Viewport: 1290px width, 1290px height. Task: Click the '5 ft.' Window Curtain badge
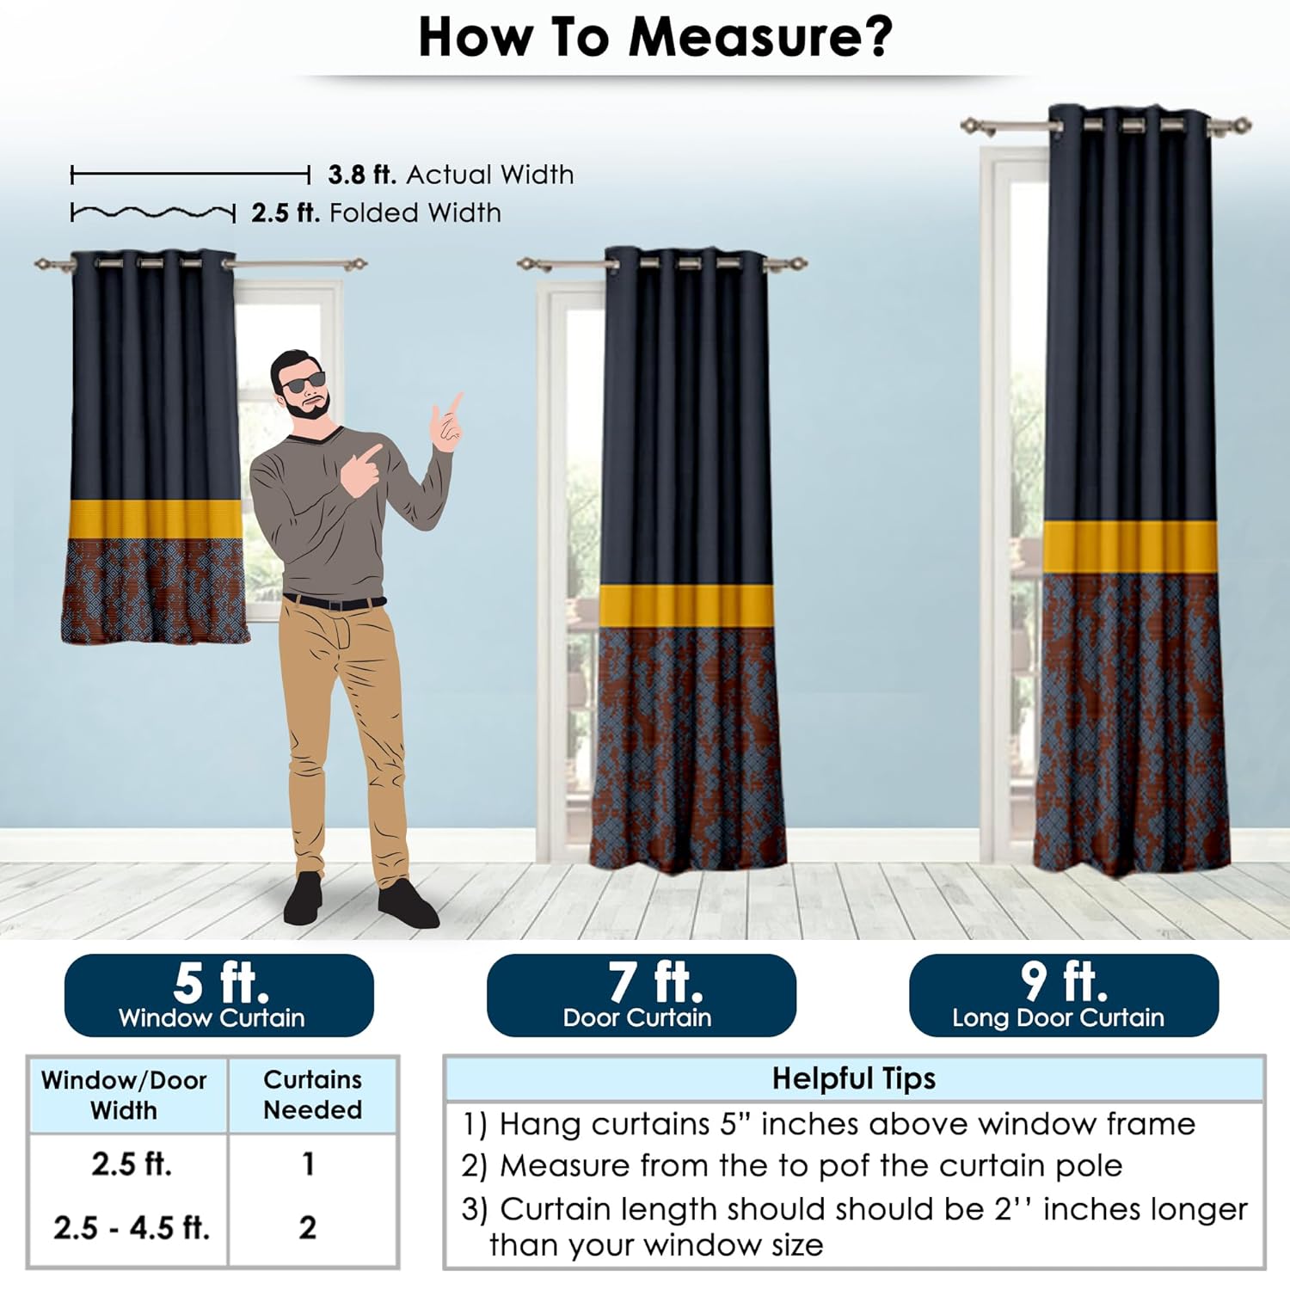pos(219,995)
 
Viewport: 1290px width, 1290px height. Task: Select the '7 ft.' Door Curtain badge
pos(642,995)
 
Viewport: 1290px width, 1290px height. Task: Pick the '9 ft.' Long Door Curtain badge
pos(1064,995)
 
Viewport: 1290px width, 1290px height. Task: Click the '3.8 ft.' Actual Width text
pos(451,175)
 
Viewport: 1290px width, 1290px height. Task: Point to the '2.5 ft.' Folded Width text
pos(376,212)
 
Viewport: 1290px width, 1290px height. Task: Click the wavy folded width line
pos(153,212)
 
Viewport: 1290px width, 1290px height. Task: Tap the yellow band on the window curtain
pos(155,519)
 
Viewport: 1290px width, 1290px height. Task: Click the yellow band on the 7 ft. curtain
pos(686,605)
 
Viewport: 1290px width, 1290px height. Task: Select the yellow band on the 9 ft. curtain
pos(1131,547)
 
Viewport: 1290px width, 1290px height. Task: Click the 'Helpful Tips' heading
pos(853,1078)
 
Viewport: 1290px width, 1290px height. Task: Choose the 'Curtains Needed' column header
pos(312,1094)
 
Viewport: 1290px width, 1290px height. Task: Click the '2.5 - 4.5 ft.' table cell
pos(132,1227)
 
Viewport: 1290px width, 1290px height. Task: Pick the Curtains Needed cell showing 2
pos(308,1227)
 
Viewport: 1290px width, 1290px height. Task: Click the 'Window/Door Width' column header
pos(124,1095)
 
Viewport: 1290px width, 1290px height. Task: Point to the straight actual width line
pos(190,175)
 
